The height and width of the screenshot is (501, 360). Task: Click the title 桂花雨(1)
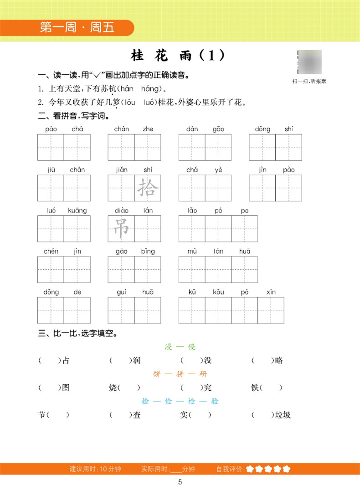pos(178,56)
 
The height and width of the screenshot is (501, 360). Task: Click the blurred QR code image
pos(309,62)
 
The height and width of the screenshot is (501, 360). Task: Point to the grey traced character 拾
pos(147,188)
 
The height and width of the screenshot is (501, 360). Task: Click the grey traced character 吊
pos(121,228)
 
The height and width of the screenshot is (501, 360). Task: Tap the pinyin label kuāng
pos(77,211)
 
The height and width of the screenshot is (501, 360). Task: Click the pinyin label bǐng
pos(148,251)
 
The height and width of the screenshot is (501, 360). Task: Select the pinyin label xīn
pos(271,292)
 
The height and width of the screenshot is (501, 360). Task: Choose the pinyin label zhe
pos(148,129)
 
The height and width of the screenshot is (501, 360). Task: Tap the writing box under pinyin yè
pos(218,188)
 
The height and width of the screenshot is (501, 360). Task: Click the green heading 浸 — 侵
pos(180,347)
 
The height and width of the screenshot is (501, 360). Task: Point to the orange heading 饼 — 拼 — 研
pos(180,374)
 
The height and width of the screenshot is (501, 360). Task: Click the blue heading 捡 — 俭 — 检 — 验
pos(180,401)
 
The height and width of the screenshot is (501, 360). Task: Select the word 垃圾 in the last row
pos(282,415)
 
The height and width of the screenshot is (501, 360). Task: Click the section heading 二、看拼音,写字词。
pos(73,116)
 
